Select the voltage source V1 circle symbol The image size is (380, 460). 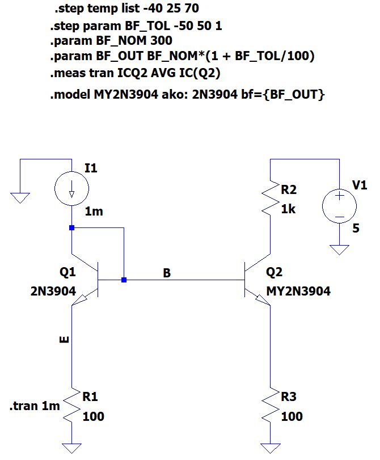coord(339,205)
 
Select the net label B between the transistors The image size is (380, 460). coord(167,273)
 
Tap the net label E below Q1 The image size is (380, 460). coord(64,340)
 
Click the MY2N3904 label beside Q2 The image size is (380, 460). coord(298,292)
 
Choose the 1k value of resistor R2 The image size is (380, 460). coord(289,209)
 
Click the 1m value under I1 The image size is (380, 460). coord(94,212)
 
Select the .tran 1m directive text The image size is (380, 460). coord(35,406)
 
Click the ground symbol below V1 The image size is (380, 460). coord(339,250)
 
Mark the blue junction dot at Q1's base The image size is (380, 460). coord(124,280)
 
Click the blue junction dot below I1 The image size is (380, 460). coord(71,227)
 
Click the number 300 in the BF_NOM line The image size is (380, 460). coord(161,41)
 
